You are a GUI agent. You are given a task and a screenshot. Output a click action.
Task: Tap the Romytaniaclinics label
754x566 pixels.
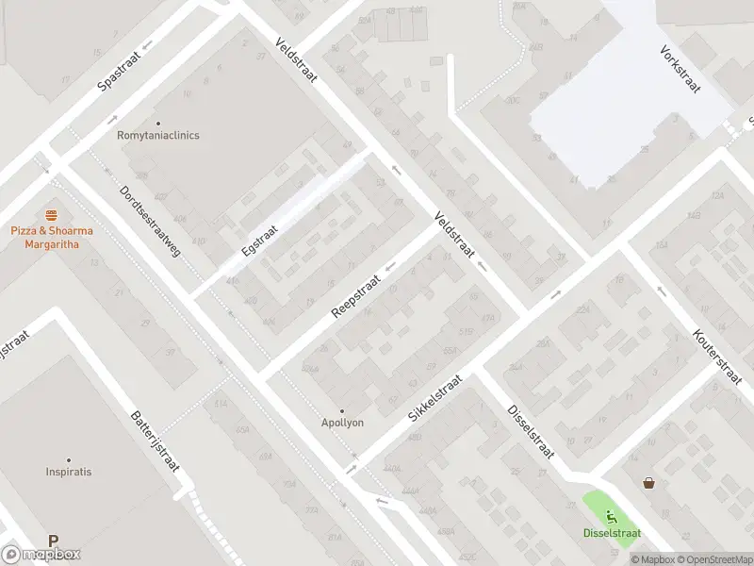coord(158,135)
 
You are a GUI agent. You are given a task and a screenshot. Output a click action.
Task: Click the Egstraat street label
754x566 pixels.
coord(259,242)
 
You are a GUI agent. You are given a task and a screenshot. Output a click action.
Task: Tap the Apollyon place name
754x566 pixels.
coord(343,423)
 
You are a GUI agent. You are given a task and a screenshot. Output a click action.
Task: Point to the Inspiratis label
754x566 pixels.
coord(68,471)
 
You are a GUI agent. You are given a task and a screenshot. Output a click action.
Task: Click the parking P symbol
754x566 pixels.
coord(54,541)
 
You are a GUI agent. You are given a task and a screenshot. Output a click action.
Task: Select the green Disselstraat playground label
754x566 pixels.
coord(612,533)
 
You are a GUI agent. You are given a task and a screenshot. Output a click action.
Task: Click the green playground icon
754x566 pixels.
coord(612,516)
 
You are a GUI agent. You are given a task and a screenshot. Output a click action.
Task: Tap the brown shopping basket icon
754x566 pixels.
coord(648,483)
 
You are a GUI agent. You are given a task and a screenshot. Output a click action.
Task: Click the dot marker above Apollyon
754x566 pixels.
coord(342,411)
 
